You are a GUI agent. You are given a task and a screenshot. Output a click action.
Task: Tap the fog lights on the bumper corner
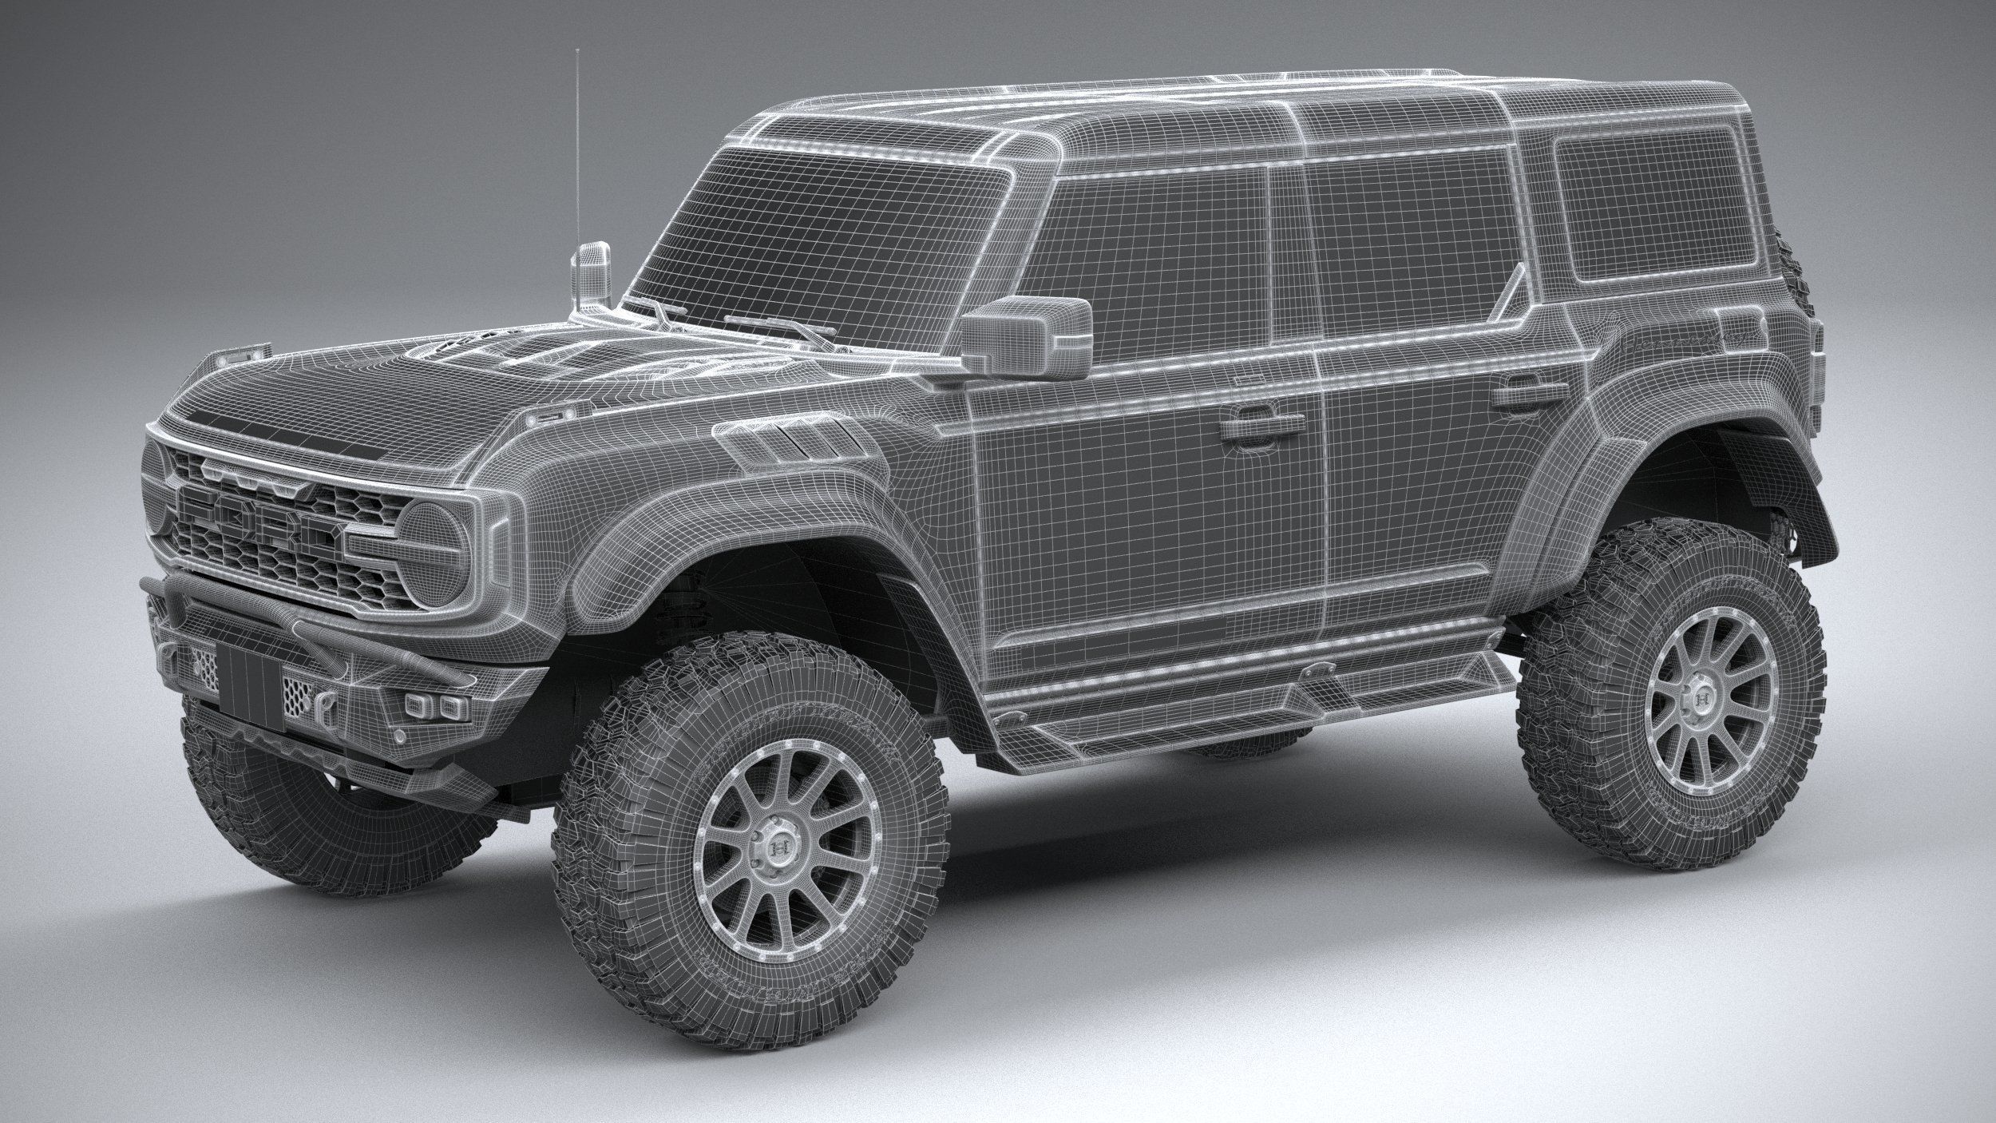(x=435, y=704)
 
